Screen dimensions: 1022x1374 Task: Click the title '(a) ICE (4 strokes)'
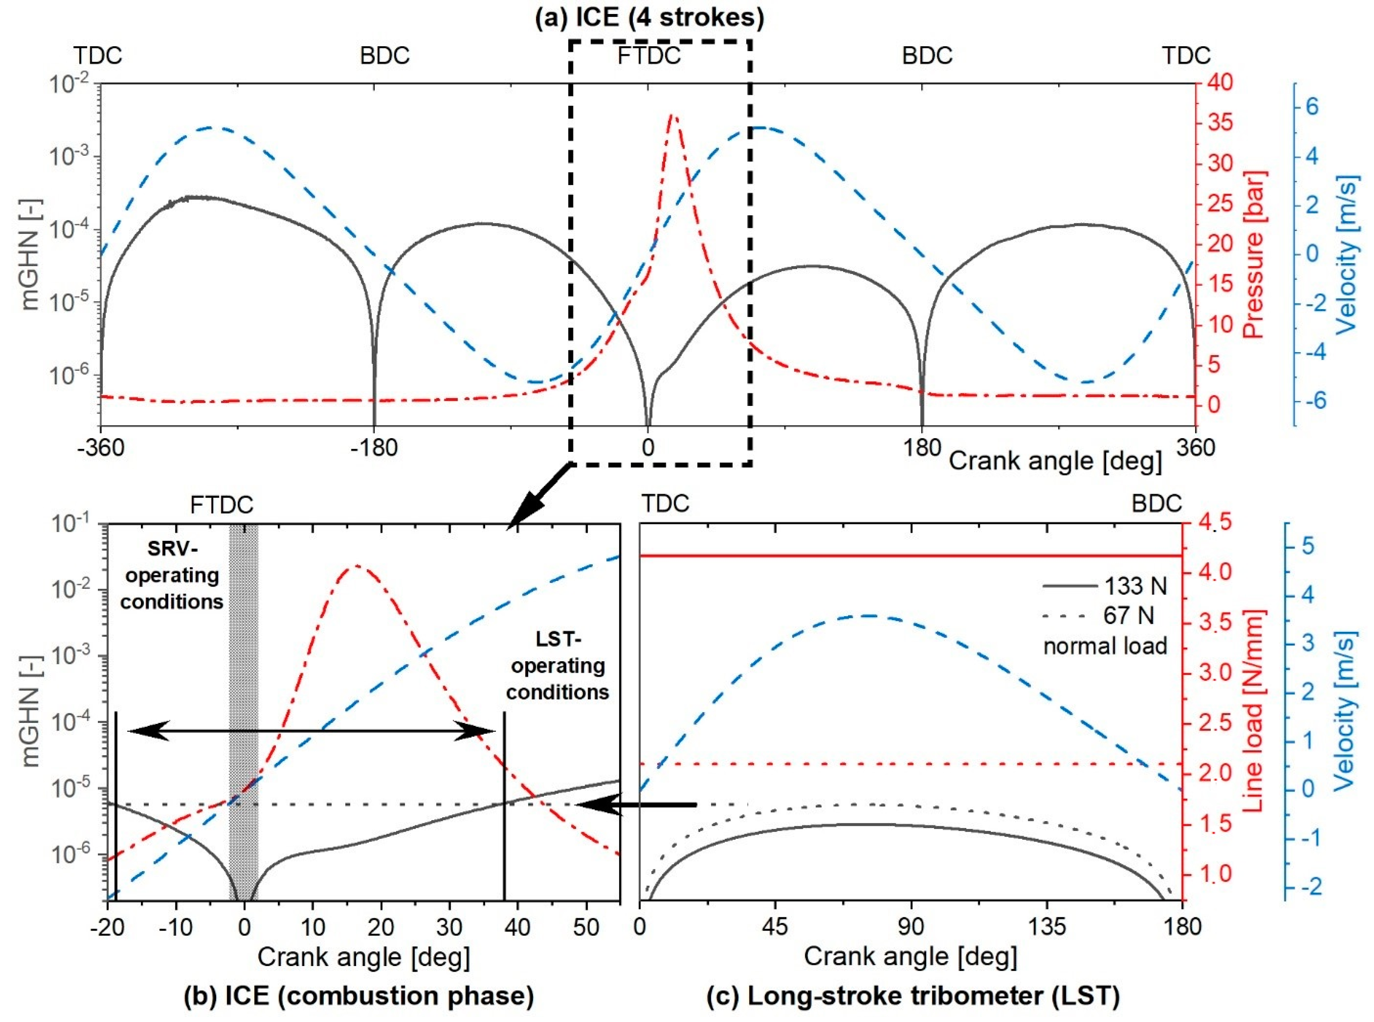(x=649, y=17)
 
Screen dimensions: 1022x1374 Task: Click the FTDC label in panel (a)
(x=649, y=56)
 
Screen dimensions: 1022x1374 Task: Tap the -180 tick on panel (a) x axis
(x=374, y=447)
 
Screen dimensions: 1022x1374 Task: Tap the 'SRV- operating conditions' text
(x=171, y=575)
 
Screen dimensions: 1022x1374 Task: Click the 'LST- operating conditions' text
(x=558, y=666)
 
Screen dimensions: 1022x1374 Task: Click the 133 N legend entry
(x=1105, y=586)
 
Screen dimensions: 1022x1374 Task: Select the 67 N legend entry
(x=1105, y=616)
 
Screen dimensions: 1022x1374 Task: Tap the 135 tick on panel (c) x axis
(x=1046, y=927)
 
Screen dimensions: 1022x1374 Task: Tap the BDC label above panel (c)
(x=1156, y=504)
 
